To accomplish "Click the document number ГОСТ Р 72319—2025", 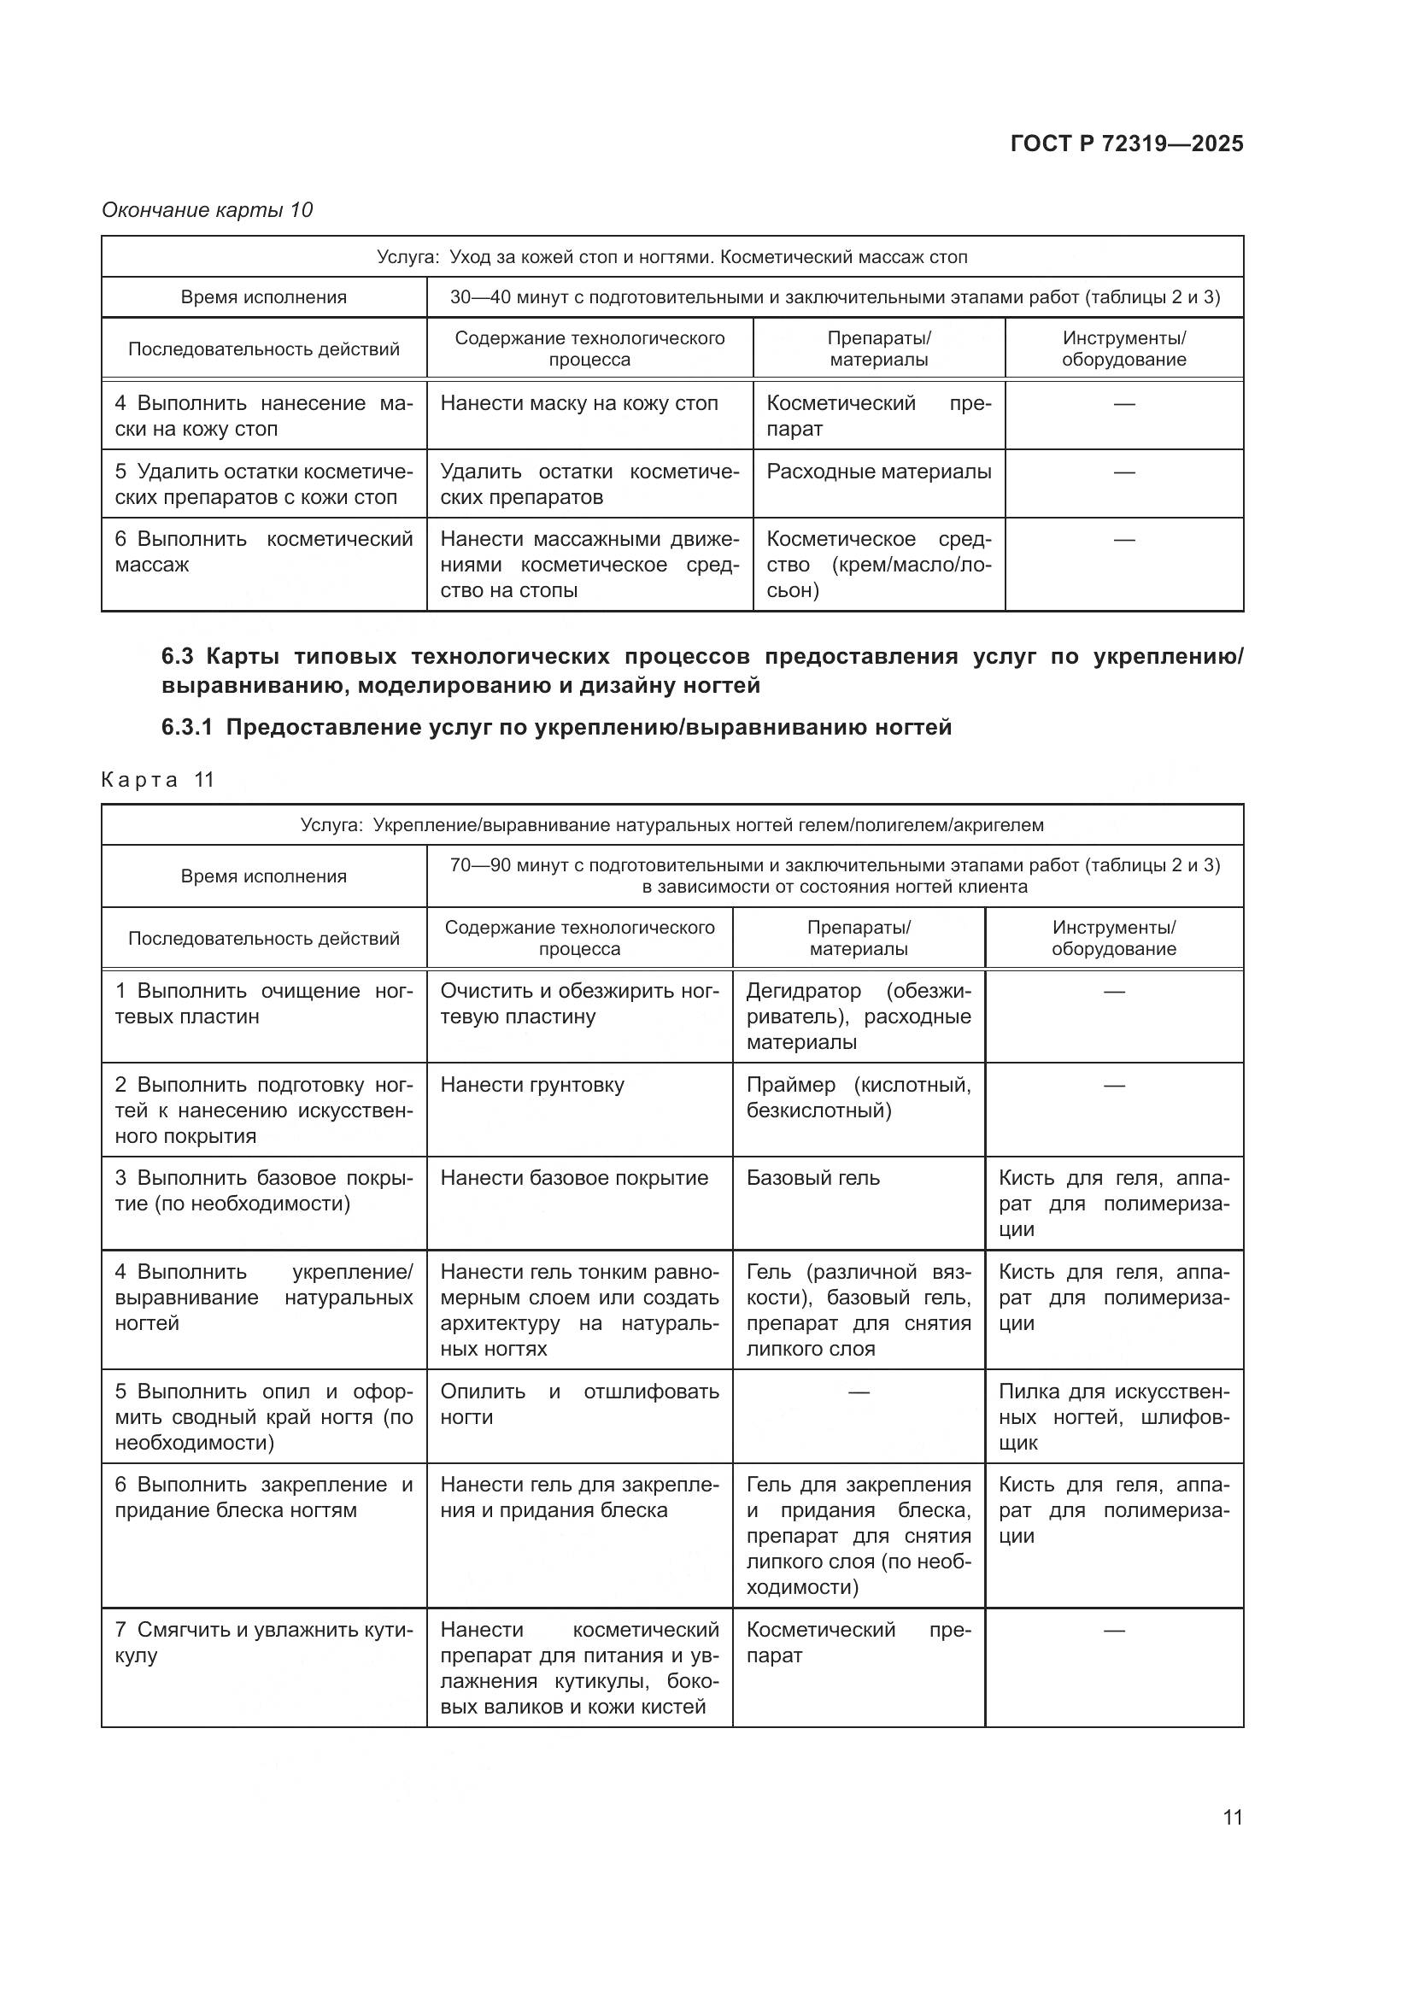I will coord(1126,144).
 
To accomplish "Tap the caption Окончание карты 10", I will coord(207,210).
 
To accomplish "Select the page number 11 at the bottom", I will coord(1232,1817).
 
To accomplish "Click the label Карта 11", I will coord(157,780).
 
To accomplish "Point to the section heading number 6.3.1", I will coord(186,727).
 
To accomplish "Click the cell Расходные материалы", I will coord(878,472).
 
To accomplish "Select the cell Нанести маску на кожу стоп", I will coord(578,404).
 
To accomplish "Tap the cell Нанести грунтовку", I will coord(531,1084).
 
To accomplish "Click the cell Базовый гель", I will coord(812,1177).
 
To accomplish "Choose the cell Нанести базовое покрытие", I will coord(574,1177).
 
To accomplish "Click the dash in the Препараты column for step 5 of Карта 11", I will coord(858,1392).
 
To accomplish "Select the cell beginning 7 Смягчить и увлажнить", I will coord(263,1642).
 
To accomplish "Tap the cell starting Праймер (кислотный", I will coord(858,1098).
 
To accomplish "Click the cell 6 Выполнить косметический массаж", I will coord(263,552).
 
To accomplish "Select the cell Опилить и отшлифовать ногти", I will coord(578,1403).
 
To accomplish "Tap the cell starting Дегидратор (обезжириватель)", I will coord(858,1016).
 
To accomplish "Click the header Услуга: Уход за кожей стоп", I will coord(671,257).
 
